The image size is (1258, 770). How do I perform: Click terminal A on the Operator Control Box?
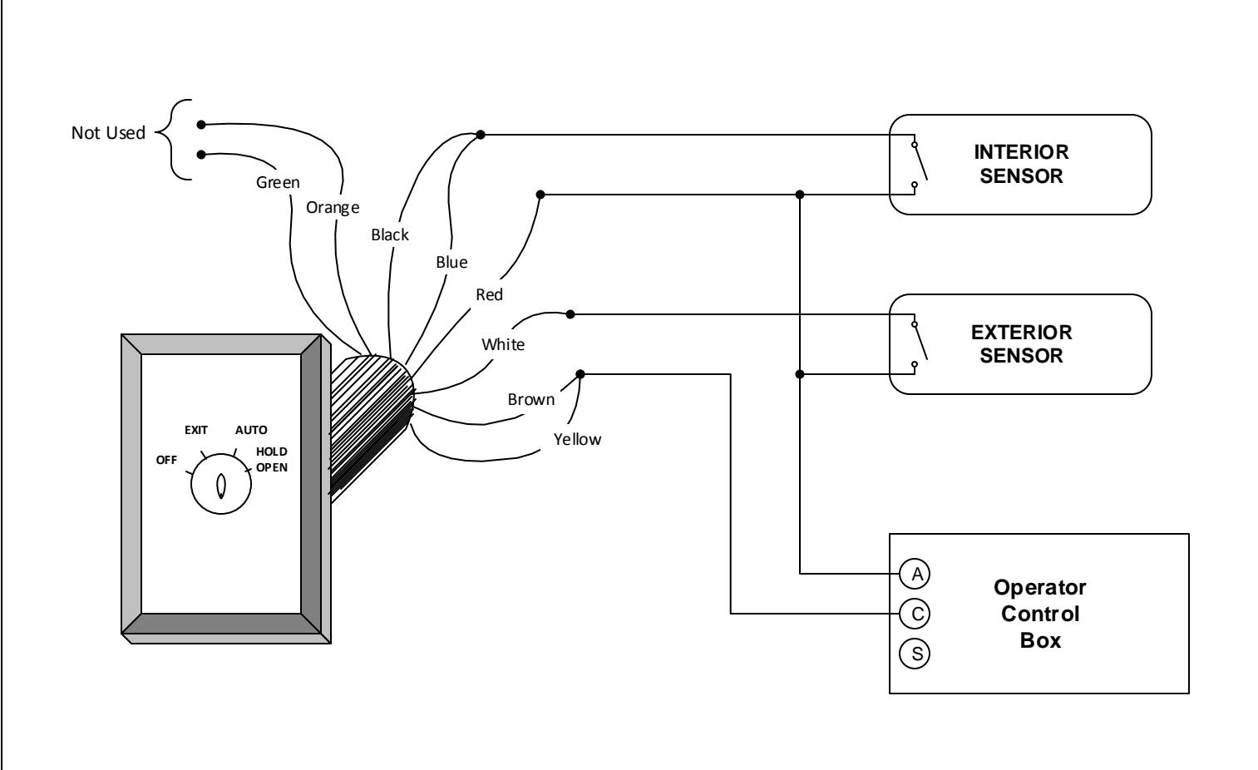click(x=915, y=574)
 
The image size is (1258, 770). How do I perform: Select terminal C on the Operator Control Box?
click(x=915, y=614)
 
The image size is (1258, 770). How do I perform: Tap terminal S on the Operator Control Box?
click(x=915, y=654)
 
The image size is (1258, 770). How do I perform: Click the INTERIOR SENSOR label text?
click(x=1021, y=164)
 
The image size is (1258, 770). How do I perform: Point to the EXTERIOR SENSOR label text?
click(x=1021, y=343)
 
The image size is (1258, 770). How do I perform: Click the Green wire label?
click(x=278, y=183)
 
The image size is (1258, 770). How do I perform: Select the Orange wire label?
click(x=333, y=208)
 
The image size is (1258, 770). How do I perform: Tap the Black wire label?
click(x=390, y=234)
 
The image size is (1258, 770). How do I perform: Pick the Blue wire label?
click(x=451, y=262)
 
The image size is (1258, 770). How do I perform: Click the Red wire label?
click(x=489, y=294)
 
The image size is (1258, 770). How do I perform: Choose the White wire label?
click(x=503, y=344)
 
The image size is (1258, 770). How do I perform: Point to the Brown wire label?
click(x=530, y=399)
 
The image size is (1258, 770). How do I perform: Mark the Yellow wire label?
click(x=577, y=439)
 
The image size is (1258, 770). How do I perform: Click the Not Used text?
click(x=108, y=132)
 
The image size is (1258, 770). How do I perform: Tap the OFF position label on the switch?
click(x=166, y=460)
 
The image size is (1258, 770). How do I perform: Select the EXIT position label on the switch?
click(x=196, y=430)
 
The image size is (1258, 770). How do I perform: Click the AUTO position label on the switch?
click(x=251, y=430)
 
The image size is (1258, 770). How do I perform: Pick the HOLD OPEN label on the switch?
click(x=272, y=459)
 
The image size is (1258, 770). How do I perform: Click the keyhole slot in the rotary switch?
click(x=221, y=486)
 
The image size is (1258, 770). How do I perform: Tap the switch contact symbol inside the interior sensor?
click(x=920, y=164)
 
